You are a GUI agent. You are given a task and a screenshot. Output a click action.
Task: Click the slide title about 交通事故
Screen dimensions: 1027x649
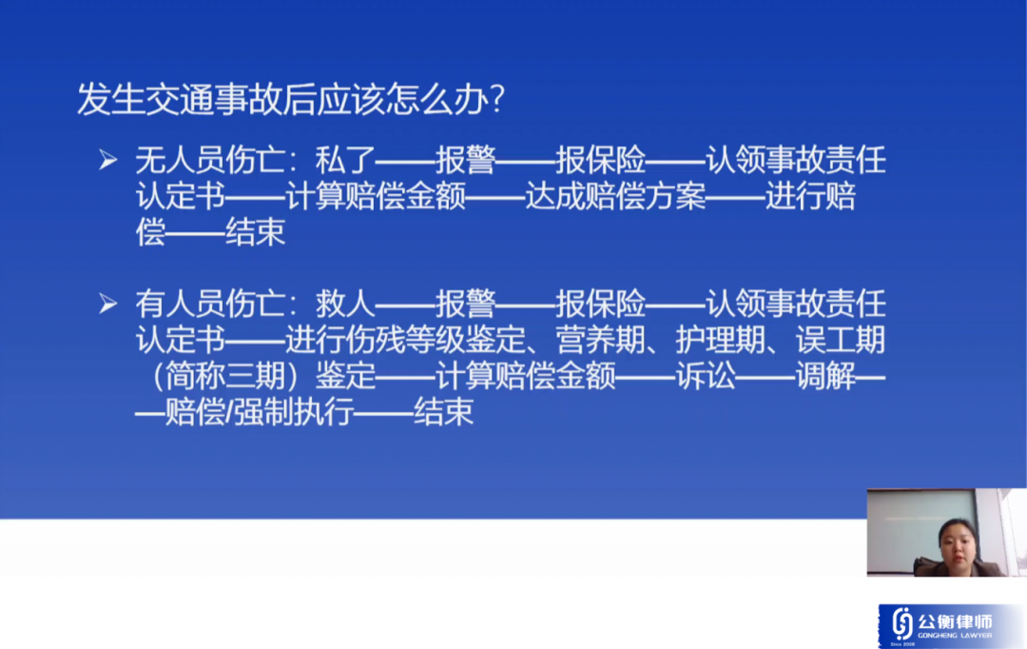[291, 100]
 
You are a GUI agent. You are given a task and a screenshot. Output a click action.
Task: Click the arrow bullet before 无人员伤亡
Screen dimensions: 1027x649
[108, 159]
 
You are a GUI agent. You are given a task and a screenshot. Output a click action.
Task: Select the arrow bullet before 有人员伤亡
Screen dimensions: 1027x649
[108, 303]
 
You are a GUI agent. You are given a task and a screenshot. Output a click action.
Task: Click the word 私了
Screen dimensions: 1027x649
[345, 160]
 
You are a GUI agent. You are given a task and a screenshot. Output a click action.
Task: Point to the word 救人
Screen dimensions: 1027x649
[345, 304]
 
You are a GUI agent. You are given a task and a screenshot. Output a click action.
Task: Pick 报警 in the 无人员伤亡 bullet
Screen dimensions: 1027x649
[466, 160]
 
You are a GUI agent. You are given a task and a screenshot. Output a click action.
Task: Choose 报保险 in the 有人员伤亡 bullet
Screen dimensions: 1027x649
[601, 304]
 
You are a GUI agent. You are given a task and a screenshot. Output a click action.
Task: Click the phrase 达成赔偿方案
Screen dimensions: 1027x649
[615, 196]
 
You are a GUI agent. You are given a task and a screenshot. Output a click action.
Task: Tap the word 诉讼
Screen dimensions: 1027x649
[706, 376]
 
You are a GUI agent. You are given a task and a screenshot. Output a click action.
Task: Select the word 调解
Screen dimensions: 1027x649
[825, 376]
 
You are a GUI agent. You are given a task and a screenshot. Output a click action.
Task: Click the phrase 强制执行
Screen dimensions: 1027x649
[294, 412]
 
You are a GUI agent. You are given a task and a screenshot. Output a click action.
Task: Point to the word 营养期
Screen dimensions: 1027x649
[601, 340]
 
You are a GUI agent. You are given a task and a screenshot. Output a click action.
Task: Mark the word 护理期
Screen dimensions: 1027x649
[721, 340]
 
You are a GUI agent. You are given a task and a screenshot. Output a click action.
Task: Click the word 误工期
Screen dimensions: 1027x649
[841, 340]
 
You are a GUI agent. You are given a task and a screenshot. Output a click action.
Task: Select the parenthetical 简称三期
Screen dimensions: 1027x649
[225, 376]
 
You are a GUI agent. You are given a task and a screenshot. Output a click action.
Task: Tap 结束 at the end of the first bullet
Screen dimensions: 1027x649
[256, 232]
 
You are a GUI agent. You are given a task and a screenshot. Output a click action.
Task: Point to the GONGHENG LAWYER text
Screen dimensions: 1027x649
[955, 636]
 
